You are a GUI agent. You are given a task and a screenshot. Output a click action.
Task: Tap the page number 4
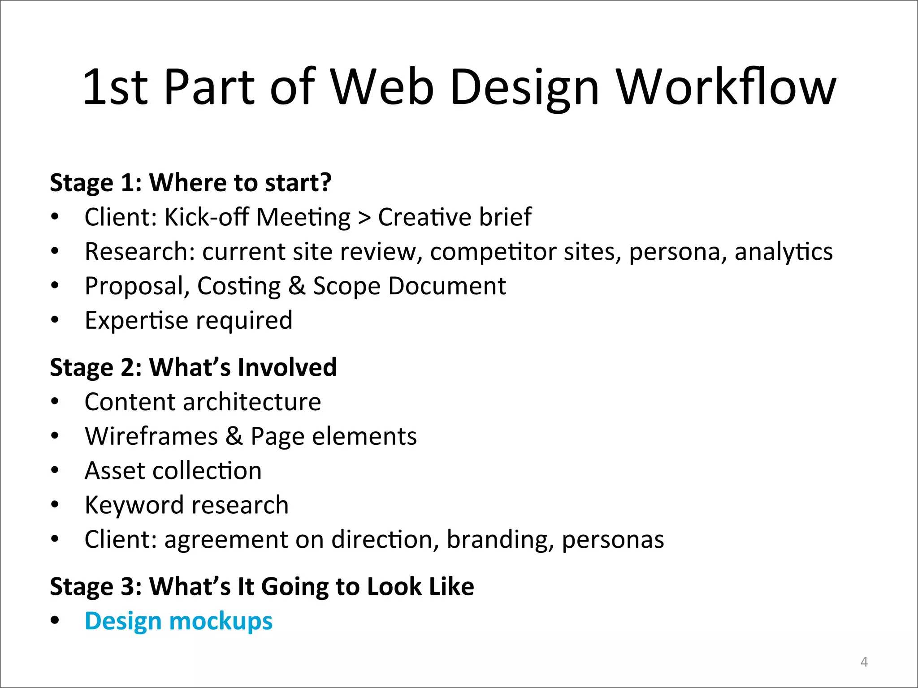pyautogui.click(x=864, y=662)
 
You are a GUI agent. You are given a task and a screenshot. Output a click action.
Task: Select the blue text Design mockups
pyautogui.click(x=178, y=621)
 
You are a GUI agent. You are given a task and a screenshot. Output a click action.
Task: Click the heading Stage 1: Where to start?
pyautogui.click(x=191, y=183)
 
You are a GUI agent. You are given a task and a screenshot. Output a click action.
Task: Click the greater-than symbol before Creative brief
pyautogui.click(x=364, y=218)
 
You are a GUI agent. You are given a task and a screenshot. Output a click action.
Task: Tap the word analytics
pyautogui.click(x=784, y=252)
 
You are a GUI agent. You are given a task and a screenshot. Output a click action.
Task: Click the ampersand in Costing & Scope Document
pyautogui.click(x=297, y=286)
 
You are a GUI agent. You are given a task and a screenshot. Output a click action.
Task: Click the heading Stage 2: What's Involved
pyautogui.click(x=193, y=367)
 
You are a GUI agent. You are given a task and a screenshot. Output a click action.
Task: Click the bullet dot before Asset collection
pyautogui.click(x=55, y=470)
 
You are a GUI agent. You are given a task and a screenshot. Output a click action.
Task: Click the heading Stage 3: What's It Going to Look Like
pyautogui.click(x=262, y=586)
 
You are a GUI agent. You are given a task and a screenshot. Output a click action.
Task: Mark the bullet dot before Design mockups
pyautogui.click(x=55, y=621)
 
